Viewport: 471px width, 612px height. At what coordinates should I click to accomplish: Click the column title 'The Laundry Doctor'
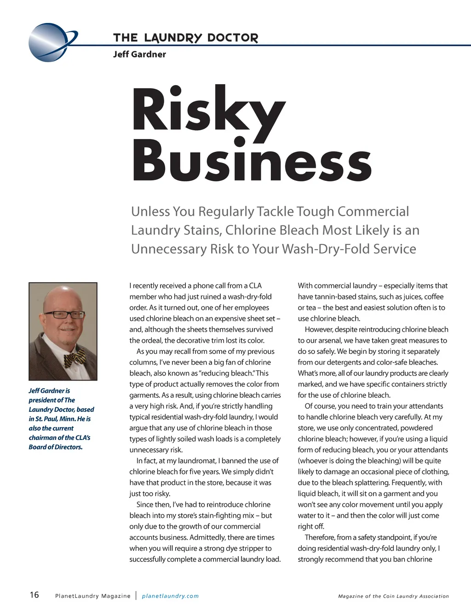point(185,38)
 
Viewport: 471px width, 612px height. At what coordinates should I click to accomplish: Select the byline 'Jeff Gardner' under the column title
point(139,54)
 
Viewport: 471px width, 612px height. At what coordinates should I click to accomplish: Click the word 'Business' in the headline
point(252,162)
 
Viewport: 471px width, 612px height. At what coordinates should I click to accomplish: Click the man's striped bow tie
point(75,358)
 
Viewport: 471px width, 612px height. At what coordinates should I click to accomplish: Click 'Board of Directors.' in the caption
point(56,447)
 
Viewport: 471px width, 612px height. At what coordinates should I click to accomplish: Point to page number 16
point(34,595)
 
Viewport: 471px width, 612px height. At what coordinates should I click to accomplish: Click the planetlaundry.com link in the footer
point(170,596)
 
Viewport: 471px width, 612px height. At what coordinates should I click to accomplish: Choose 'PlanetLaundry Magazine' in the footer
point(93,596)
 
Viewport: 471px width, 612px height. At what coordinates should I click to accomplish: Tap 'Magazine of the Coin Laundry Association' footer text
point(393,596)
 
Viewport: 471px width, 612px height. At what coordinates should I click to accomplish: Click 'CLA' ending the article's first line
point(255,286)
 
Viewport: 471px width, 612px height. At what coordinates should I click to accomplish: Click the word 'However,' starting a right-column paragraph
point(319,329)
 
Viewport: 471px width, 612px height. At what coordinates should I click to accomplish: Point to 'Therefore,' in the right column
point(320,537)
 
